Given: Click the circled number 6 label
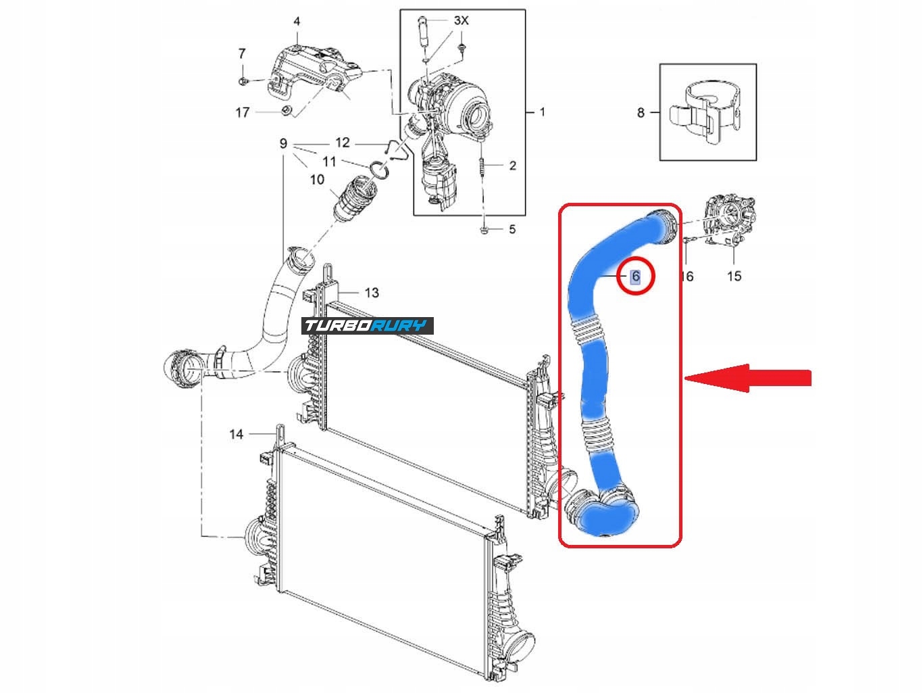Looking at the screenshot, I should coord(635,276).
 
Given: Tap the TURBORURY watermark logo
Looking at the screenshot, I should coord(368,326).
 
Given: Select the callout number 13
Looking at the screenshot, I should coord(372,293).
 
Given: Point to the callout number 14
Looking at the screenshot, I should coord(236,433).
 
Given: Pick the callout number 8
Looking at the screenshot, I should coord(641,113).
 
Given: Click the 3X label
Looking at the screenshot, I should coord(461,21).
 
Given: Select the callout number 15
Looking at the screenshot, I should coord(734,276).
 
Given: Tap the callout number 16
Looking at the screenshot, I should coord(687,276).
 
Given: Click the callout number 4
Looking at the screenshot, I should coord(297,22).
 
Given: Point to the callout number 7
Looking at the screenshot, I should coord(242,53).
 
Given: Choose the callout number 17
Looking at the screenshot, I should coord(243,112).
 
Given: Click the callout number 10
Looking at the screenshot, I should coord(317,179).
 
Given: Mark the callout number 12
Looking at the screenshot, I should coord(343,142).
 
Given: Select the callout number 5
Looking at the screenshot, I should coord(512,229).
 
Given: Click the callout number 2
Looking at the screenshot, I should coord(512,165).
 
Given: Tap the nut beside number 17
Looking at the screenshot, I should coord(286,111).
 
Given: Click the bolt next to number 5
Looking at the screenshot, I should coord(484,231).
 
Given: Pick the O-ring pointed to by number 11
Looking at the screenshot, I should coord(379,168).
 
